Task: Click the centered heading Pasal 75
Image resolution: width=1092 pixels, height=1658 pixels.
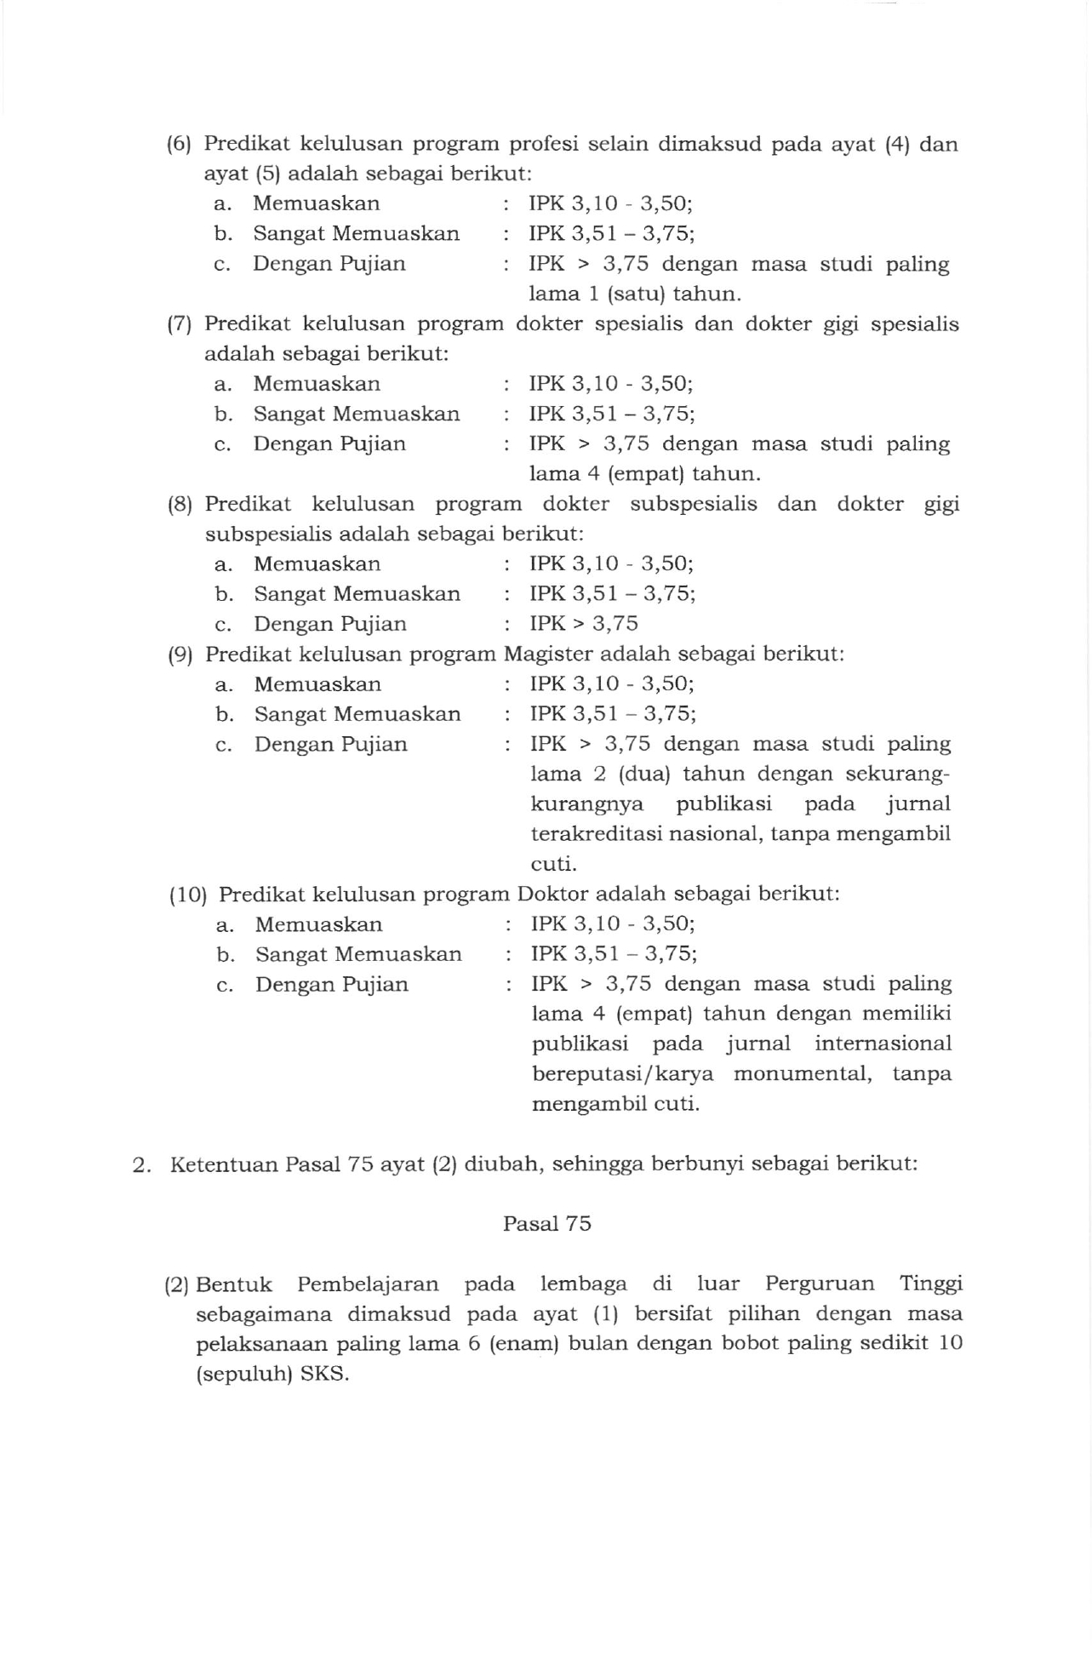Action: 546,1224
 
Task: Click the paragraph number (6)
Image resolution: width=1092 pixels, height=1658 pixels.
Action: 180,144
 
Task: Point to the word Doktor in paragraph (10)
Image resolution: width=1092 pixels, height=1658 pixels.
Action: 552,895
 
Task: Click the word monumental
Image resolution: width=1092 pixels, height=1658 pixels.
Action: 803,1074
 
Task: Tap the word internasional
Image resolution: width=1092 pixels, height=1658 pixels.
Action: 883,1044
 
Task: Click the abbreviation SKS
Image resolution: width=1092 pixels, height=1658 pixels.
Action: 325,1375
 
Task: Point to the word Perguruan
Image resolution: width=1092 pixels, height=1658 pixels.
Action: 819,1284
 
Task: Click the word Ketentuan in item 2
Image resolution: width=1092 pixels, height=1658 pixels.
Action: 224,1164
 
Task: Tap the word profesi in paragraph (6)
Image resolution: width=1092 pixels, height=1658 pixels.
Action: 544,144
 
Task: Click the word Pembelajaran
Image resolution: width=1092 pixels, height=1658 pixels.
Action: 368,1284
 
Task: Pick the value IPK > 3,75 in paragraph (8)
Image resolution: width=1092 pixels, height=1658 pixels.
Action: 583,624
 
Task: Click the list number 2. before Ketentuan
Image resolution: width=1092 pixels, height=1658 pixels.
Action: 142,1164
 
